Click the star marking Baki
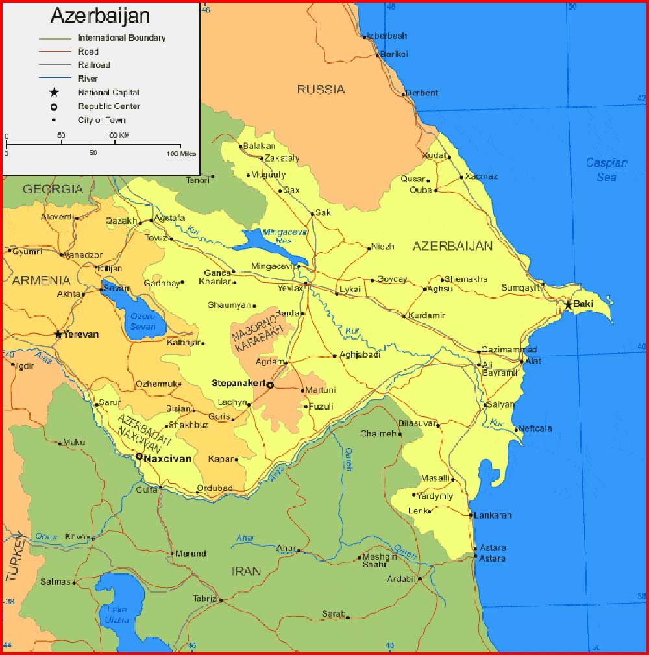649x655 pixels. (x=569, y=304)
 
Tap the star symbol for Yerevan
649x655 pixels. (x=58, y=334)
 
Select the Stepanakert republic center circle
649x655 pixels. (x=271, y=385)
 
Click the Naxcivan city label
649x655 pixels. (x=167, y=458)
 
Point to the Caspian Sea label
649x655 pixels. (x=607, y=169)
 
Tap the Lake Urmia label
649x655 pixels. (x=117, y=615)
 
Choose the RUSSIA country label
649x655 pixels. (x=321, y=90)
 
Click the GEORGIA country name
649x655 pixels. (x=53, y=189)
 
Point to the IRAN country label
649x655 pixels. (x=246, y=571)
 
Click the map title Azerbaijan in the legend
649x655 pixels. (x=100, y=16)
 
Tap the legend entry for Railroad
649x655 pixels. (x=94, y=65)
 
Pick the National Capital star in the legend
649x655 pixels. (x=54, y=93)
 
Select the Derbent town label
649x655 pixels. (x=422, y=93)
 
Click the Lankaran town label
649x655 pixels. (x=493, y=515)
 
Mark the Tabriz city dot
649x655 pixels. (x=221, y=600)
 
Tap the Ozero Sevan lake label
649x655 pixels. (x=142, y=320)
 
